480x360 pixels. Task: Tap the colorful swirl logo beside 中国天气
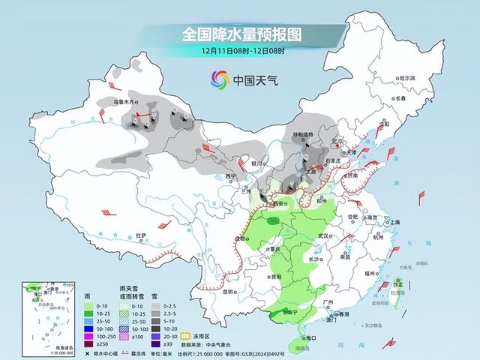219,78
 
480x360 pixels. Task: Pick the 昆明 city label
229,290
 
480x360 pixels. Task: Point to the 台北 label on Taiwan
399,285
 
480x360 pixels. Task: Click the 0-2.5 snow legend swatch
157,307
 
